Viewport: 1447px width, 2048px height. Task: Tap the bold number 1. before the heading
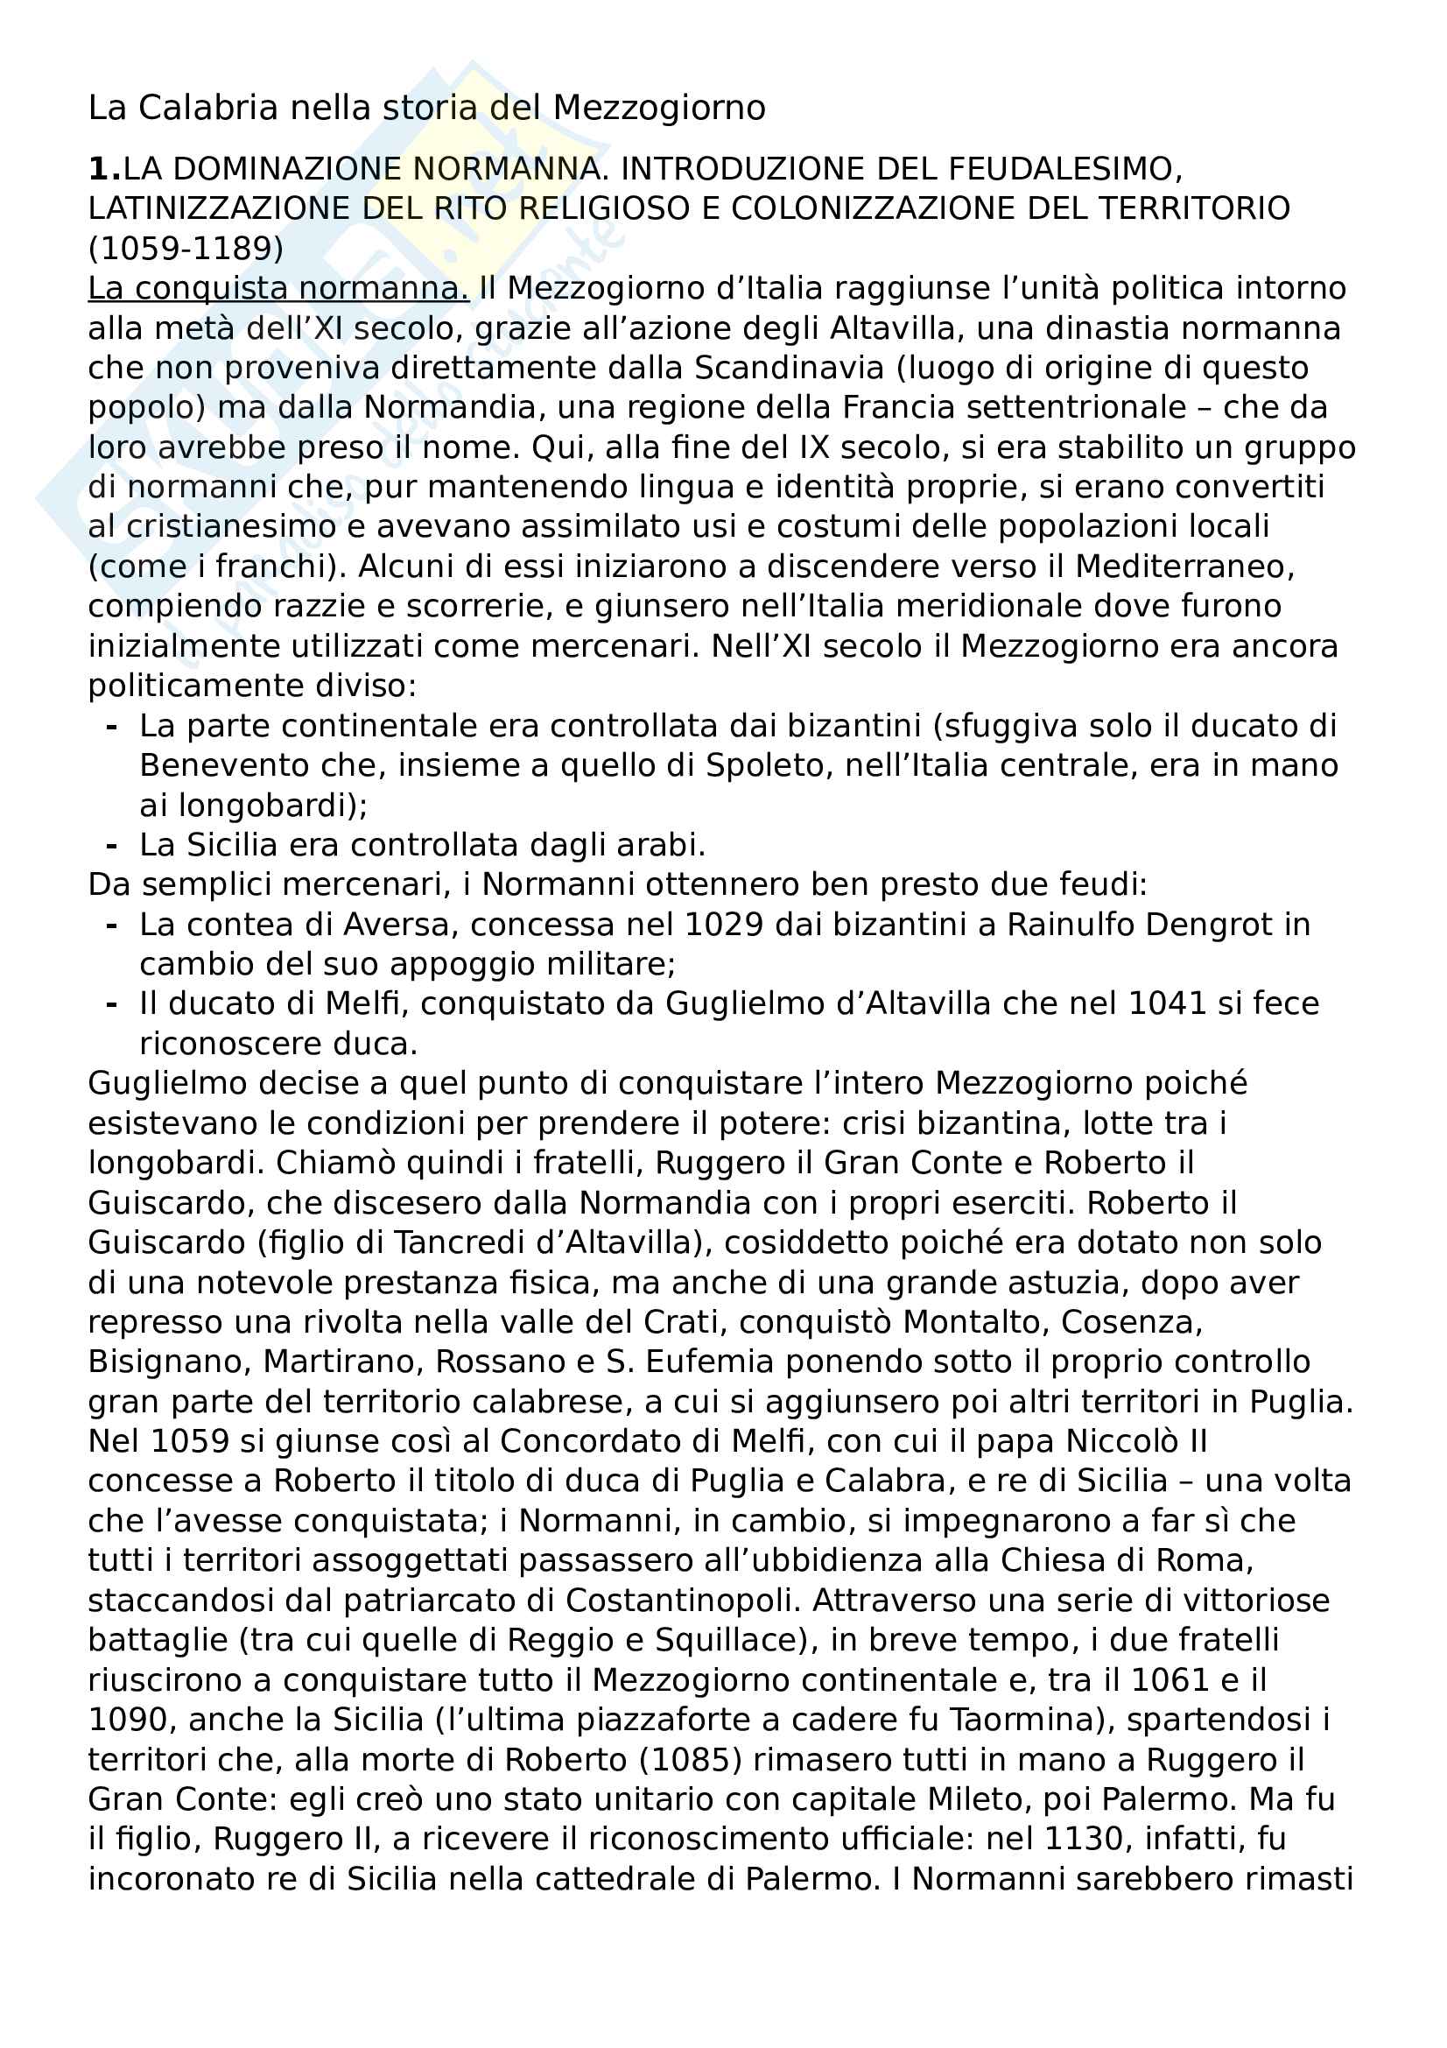[103, 170]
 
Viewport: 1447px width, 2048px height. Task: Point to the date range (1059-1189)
[186, 248]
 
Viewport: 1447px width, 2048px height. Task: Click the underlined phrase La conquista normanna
[278, 289]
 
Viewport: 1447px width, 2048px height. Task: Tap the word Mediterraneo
[1185, 567]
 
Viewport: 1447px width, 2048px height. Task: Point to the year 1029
[724, 925]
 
